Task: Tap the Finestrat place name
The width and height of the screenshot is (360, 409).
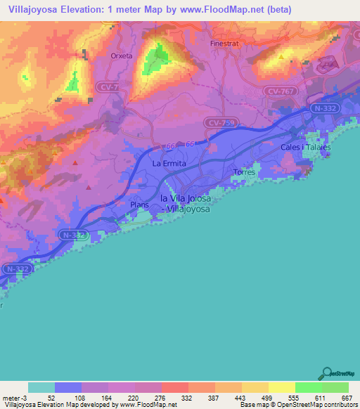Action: [224, 43]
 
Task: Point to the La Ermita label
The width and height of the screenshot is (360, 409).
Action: [169, 163]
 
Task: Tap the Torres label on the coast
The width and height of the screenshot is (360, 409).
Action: [244, 171]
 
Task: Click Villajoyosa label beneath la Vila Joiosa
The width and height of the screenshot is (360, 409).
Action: [187, 209]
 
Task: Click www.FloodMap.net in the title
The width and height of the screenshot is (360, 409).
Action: [218, 10]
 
